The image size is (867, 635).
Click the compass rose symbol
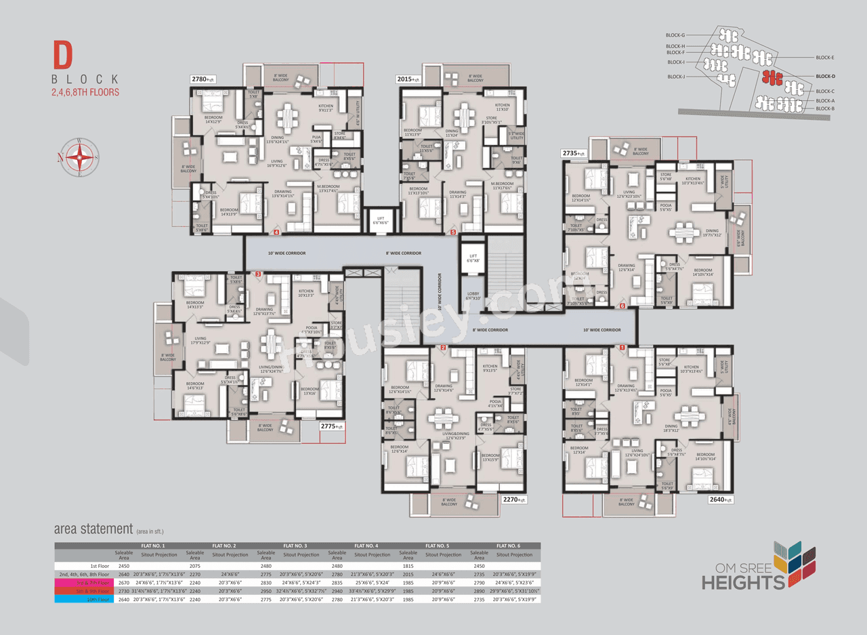(x=80, y=158)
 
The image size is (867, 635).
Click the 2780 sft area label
(x=203, y=79)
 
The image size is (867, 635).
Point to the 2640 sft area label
(x=720, y=499)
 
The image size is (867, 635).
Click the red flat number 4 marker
(x=276, y=232)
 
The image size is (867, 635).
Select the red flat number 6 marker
(x=622, y=306)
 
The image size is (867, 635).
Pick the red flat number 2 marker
(x=443, y=348)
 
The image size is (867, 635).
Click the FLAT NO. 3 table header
(x=296, y=546)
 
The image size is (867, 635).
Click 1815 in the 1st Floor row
(x=408, y=565)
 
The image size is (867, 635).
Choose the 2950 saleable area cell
(x=266, y=590)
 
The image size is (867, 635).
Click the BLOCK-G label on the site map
(x=675, y=35)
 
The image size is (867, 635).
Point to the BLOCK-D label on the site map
(x=825, y=77)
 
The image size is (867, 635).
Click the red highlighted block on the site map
(x=772, y=77)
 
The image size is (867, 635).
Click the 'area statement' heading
(x=93, y=529)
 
